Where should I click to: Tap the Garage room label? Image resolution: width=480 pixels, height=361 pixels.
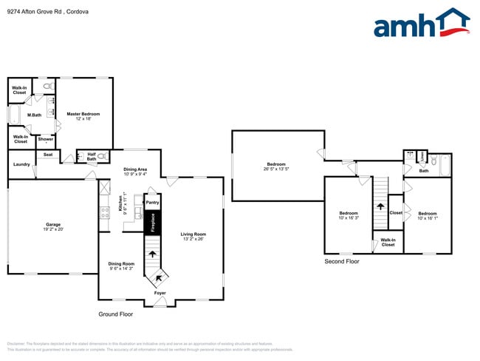click(53, 226)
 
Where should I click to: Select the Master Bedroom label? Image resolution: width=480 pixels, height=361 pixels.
click(83, 116)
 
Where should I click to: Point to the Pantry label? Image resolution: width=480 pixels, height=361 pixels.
click(153, 202)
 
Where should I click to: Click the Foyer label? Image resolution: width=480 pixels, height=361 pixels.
click(160, 294)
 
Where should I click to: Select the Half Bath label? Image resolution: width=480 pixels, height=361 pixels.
click(92, 156)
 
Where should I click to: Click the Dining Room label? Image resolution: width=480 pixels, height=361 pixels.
click(121, 266)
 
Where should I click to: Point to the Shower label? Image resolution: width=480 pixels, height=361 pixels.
click(46, 139)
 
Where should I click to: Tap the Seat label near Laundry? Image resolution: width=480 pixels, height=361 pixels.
click(48, 155)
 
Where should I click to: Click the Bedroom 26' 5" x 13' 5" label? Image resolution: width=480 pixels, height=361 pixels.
click(277, 166)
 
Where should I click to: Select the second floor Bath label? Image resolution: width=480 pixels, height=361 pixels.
click(424, 171)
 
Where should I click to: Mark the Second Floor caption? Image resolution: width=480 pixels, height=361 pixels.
click(342, 261)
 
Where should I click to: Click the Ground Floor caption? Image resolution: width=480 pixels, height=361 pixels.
click(116, 314)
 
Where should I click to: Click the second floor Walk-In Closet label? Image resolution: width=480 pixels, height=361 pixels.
click(388, 242)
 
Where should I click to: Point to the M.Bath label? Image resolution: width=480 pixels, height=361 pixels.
click(34, 115)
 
